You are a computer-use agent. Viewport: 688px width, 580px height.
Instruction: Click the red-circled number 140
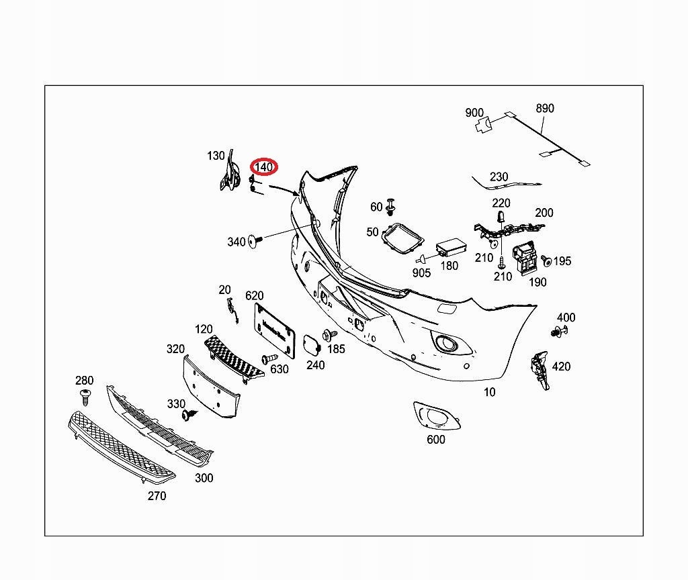pyautogui.click(x=263, y=167)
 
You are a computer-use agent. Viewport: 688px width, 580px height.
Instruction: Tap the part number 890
pyautogui.click(x=545, y=108)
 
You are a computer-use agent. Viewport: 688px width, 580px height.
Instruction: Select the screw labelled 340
pyautogui.click(x=255, y=240)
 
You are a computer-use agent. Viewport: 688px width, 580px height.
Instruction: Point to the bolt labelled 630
pyautogui.click(x=269, y=358)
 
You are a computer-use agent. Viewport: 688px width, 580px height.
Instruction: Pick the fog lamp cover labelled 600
pyautogui.click(x=436, y=415)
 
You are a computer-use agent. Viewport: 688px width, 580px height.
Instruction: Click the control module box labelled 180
pyautogui.click(x=451, y=248)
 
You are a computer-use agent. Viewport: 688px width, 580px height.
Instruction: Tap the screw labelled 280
pyautogui.click(x=85, y=396)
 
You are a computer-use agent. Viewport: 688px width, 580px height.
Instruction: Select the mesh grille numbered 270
pyautogui.click(x=122, y=446)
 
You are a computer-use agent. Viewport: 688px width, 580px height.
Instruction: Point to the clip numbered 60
pyautogui.click(x=390, y=207)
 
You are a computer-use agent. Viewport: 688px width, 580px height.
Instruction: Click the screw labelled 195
pyautogui.click(x=546, y=260)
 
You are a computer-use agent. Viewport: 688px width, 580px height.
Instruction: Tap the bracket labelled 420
pyautogui.click(x=541, y=369)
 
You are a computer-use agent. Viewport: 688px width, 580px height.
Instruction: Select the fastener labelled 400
pyautogui.click(x=558, y=332)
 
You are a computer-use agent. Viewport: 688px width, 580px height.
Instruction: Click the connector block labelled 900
pyautogui.click(x=483, y=125)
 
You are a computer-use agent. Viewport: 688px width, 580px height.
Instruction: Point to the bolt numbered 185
pyautogui.click(x=329, y=336)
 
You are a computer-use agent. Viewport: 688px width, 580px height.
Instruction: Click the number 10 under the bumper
pyautogui.click(x=490, y=392)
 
